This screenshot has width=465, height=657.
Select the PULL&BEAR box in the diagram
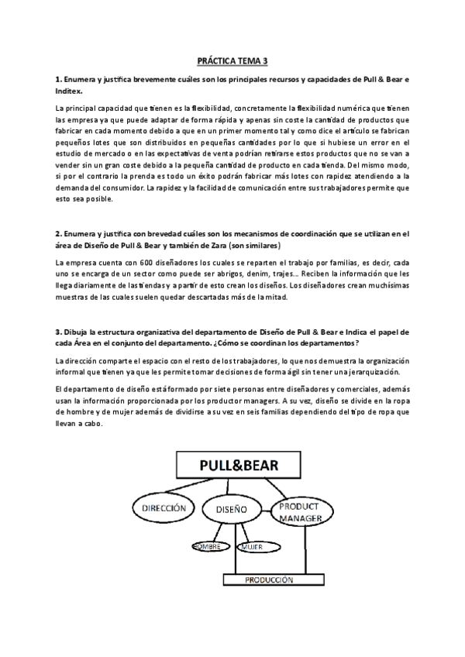point(239,466)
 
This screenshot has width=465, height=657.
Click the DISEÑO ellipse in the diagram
point(232,510)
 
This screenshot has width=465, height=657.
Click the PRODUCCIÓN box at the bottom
point(270,579)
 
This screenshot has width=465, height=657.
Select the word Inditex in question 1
point(74,91)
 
